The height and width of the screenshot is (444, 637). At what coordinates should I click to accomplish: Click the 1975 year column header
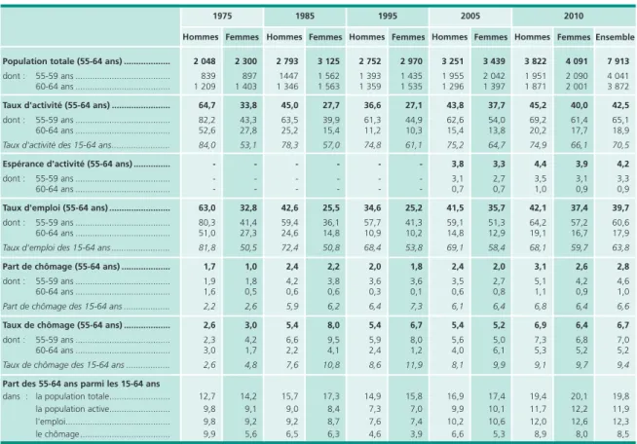click(222, 17)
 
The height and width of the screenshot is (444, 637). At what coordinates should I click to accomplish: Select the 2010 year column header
click(574, 17)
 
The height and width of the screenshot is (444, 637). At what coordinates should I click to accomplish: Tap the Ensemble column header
click(615, 37)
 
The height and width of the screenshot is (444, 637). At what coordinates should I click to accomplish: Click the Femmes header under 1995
click(408, 37)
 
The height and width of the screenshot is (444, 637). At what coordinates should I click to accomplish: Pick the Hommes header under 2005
click(449, 37)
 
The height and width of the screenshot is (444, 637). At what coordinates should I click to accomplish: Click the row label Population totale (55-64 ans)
click(62, 61)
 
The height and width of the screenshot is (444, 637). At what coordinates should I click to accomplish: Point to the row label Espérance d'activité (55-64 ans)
click(67, 165)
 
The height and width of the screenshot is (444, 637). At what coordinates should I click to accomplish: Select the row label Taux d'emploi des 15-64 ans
click(56, 247)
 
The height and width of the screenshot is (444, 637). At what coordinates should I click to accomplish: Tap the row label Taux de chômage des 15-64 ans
click(63, 365)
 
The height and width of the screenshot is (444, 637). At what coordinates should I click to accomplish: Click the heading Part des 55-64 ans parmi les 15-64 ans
click(81, 384)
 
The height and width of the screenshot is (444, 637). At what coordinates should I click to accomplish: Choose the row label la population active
click(72, 409)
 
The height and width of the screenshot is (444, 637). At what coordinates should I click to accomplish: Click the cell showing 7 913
click(618, 61)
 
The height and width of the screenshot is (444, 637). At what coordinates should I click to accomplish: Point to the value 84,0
click(207, 145)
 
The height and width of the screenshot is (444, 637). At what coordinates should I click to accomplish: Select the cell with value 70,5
click(620, 145)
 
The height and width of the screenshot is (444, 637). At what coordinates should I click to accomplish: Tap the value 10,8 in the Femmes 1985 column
click(331, 365)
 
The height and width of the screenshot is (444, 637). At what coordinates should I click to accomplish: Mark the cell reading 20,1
click(579, 396)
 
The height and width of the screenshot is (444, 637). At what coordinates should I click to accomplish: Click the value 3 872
click(618, 87)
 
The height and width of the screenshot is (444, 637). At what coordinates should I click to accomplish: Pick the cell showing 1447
click(289, 76)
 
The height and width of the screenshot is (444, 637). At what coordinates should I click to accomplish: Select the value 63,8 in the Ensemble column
click(620, 247)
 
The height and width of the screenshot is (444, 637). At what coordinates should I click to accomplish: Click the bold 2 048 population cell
click(205, 61)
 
